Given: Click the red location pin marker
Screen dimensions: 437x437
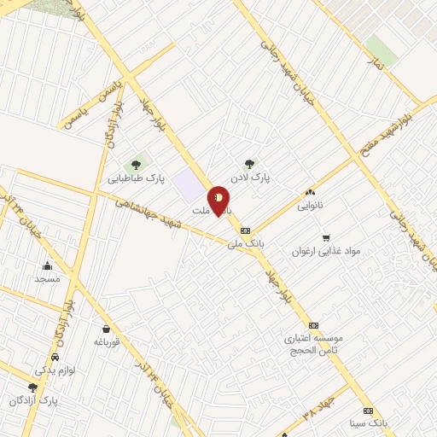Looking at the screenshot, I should (218, 201).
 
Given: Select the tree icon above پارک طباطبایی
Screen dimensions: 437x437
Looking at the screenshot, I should (135, 165).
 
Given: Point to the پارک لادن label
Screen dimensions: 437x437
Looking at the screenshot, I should (253, 179).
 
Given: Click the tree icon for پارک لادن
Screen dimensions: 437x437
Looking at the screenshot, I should (249, 165).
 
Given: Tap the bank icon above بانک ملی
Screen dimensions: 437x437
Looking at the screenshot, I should (245, 230).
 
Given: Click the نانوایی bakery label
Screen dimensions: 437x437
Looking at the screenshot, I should (311, 207).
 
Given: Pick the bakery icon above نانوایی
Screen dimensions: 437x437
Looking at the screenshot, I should (310, 193).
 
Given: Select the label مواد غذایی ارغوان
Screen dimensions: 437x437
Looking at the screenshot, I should (327, 251).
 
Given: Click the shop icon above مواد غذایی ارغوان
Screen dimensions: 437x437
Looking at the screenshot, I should (325, 237).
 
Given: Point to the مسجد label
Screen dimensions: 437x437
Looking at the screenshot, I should (47, 279).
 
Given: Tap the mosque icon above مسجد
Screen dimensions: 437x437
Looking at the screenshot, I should (47, 265).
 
